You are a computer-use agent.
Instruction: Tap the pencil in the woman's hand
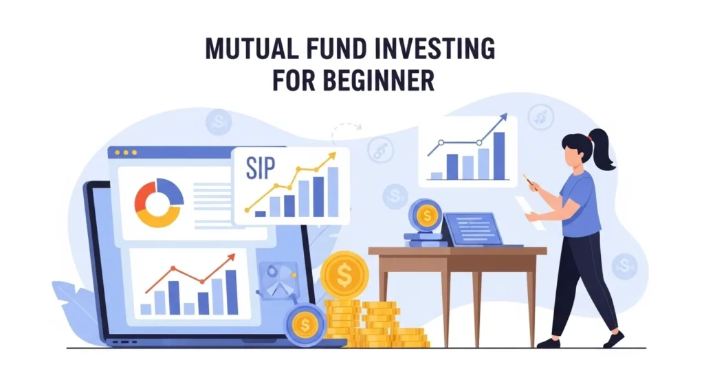531,181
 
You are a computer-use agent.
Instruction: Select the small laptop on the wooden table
474,229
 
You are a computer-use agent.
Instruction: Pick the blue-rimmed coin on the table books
426,216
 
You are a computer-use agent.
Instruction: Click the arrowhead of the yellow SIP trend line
333,157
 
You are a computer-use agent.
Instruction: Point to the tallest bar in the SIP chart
333,192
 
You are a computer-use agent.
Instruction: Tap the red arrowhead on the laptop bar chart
231,258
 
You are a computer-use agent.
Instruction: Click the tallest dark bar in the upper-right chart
499,156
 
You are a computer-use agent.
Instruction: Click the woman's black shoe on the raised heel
613,339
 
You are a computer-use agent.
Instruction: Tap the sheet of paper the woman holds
530,210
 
